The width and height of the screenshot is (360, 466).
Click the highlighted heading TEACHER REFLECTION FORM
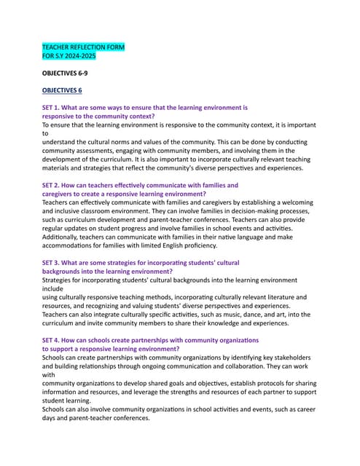click(83, 47)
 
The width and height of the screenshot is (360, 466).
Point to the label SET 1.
click(52, 107)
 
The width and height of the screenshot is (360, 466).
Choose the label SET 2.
click(52, 186)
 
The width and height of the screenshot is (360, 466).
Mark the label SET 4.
click(52, 340)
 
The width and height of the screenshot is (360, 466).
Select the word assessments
click(98, 151)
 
